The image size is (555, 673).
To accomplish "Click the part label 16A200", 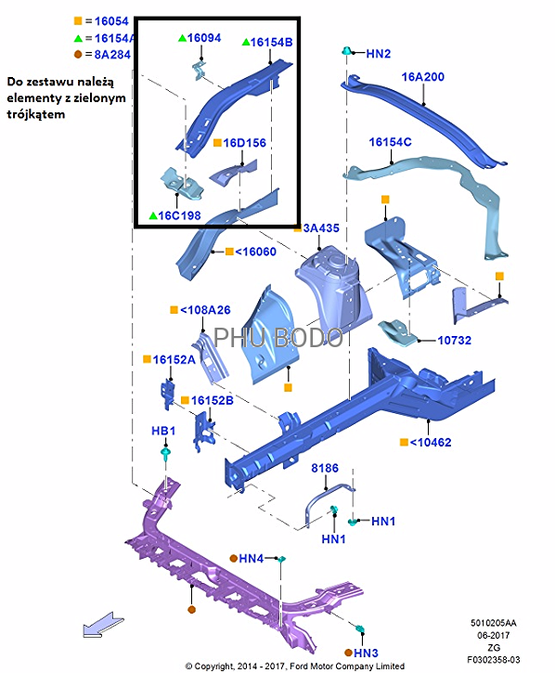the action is pyautogui.click(x=423, y=77).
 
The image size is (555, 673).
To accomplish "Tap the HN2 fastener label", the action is pyautogui.click(x=378, y=54).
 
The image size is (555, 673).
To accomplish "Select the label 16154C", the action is pyautogui.click(x=390, y=142).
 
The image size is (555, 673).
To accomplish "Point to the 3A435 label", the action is pyautogui.click(x=321, y=228).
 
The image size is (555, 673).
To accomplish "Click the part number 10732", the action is pyautogui.click(x=454, y=341).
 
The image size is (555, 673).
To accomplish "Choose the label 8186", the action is pyautogui.click(x=325, y=468).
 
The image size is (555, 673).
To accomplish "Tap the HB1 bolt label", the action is pyautogui.click(x=163, y=431).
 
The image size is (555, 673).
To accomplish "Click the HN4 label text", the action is pyautogui.click(x=252, y=559).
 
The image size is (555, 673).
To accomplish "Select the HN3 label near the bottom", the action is pyautogui.click(x=366, y=653).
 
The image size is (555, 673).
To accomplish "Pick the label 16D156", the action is pyautogui.click(x=245, y=143).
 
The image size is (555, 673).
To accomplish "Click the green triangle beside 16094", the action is pyautogui.click(x=182, y=38).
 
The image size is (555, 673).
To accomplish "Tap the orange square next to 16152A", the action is pyautogui.click(x=147, y=359).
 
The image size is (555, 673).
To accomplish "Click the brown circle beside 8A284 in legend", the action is pyautogui.click(x=78, y=54).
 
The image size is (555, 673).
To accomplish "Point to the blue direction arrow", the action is pyautogui.click(x=103, y=625).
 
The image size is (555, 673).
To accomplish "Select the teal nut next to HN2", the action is pyautogui.click(x=346, y=51).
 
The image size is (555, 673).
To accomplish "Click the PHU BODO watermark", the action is pyautogui.click(x=278, y=337).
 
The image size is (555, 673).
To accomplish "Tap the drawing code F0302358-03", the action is pyautogui.click(x=493, y=659).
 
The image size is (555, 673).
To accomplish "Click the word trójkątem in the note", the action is pyautogui.click(x=35, y=114).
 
